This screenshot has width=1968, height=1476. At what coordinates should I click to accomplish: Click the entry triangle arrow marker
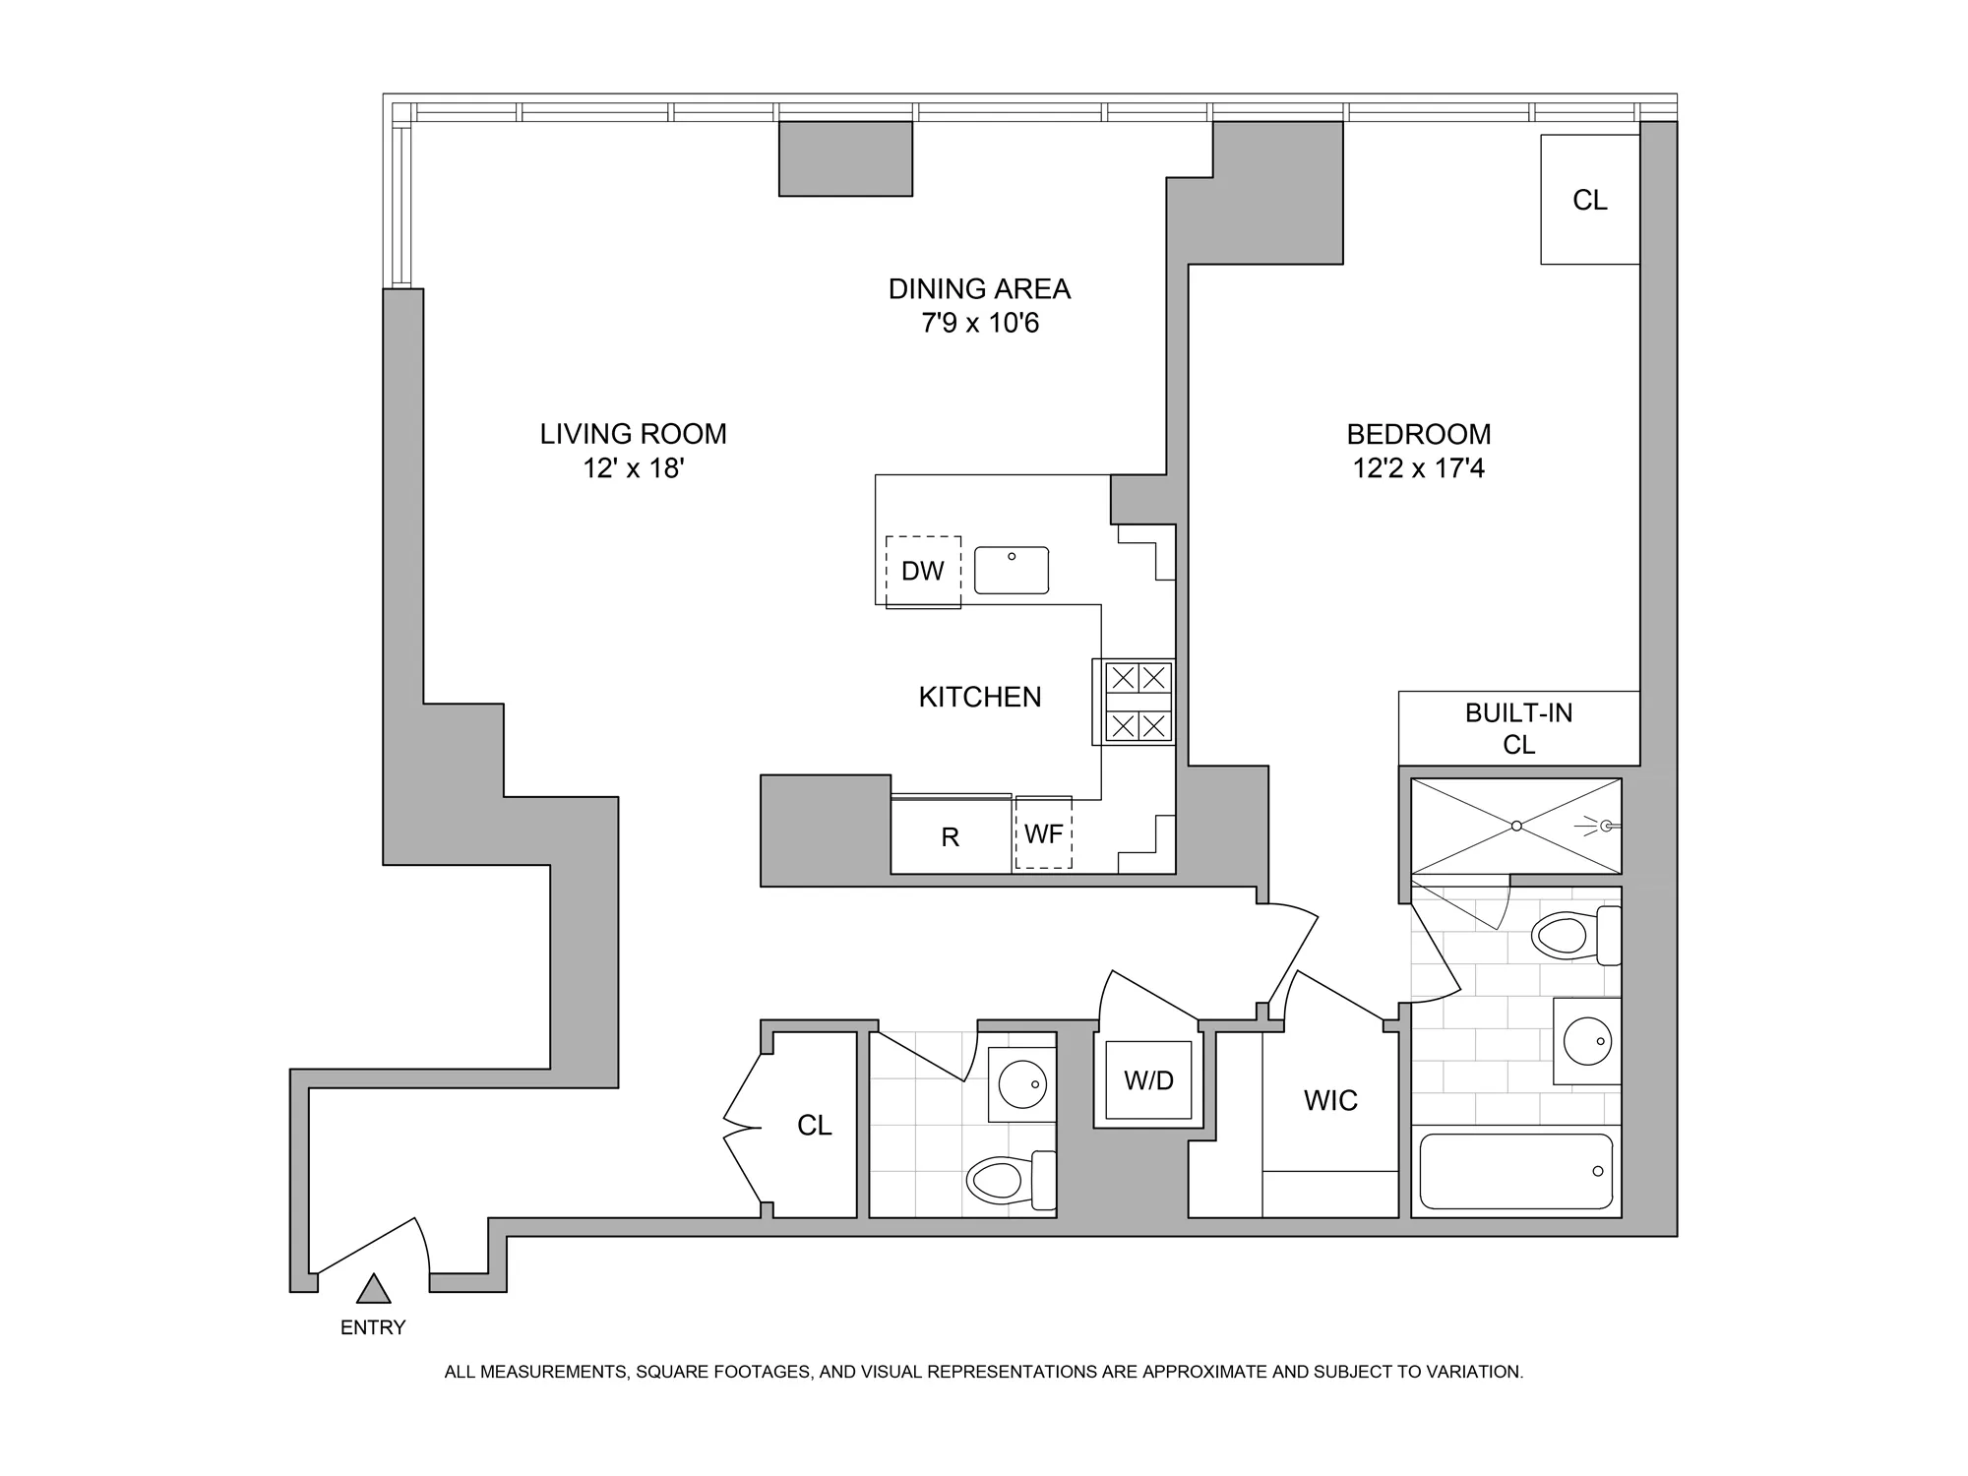[x=373, y=1289]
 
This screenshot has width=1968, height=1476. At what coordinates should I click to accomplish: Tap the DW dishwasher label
[x=922, y=571]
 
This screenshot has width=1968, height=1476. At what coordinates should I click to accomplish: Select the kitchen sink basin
[x=1012, y=571]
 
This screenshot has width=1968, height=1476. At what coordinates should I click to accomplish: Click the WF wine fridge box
[x=1043, y=834]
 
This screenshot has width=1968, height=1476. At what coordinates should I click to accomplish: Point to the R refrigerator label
[x=950, y=837]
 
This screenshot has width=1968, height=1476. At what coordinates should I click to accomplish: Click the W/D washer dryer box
[x=1148, y=1080]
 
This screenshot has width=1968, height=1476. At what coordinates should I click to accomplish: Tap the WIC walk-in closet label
[x=1330, y=1100]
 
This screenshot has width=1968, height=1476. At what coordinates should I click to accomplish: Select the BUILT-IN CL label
[x=1518, y=728]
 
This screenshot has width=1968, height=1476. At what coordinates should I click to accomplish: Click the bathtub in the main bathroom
[x=1515, y=1171]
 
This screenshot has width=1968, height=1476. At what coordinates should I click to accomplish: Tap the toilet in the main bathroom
[x=1569, y=935]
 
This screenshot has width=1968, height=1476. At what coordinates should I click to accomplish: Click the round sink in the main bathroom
[x=1587, y=1041]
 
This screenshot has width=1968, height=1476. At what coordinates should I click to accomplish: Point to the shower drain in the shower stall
[x=1516, y=826]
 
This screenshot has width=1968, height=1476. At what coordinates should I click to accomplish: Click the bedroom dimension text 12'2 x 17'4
[x=1418, y=468]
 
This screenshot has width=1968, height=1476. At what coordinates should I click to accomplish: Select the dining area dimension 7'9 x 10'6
[x=979, y=323]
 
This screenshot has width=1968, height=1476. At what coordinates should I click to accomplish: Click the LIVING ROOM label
[x=633, y=434]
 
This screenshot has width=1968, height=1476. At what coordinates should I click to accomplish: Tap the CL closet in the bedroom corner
[x=1589, y=200]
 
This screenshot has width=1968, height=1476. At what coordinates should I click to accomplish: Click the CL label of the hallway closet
[x=814, y=1125]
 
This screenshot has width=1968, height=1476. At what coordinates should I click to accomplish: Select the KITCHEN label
[x=979, y=697]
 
